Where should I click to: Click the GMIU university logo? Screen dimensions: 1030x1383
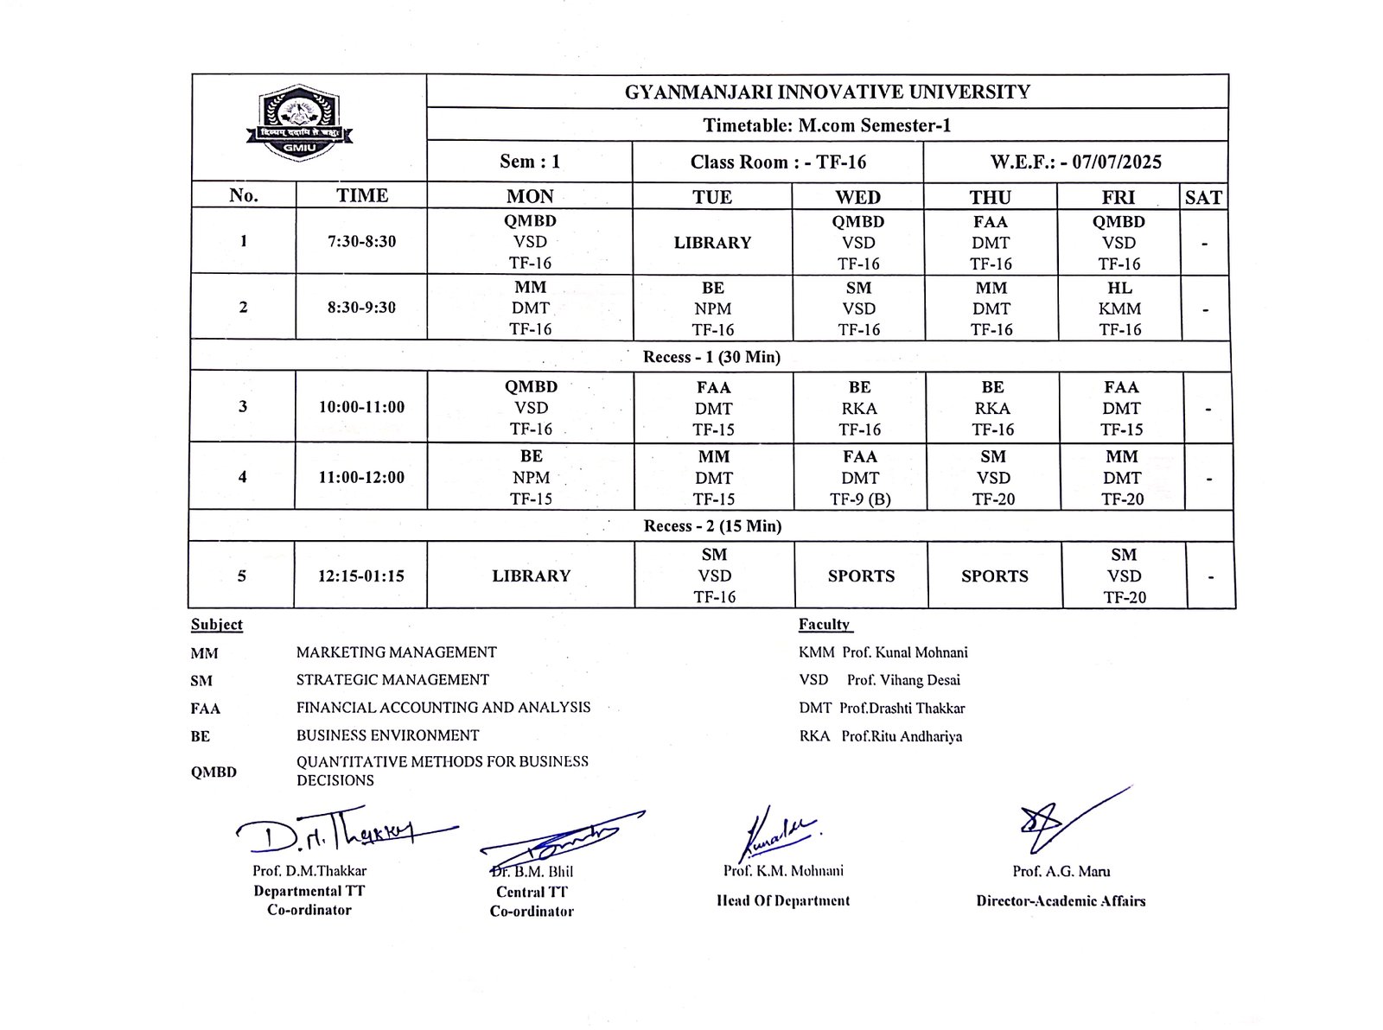(299, 123)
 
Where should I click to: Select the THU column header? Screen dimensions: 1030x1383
(990, 197)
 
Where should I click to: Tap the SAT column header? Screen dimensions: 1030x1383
(1203, 198)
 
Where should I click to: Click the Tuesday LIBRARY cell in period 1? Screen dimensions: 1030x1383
(712, 243)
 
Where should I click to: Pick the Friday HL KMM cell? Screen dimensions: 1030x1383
(1119, 308)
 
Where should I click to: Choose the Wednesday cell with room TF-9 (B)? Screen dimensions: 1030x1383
(860, 478)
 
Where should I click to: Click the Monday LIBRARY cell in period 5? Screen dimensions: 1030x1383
(531, 575)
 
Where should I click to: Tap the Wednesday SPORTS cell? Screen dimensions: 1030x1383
(861, 575)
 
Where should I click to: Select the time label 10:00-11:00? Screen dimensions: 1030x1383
(361, 407)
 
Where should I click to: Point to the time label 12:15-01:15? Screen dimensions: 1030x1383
(360, 575)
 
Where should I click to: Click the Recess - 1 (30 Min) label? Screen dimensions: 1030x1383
(711, 357)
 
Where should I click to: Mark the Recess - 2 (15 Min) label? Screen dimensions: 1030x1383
(712, 525)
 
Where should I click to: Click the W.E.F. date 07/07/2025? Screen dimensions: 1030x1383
(1116, 162)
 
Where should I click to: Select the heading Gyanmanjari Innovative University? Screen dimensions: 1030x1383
(827, 92)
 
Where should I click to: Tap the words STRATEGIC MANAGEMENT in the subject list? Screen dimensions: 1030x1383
(392, 680)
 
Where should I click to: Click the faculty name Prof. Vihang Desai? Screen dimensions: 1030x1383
(903, 680)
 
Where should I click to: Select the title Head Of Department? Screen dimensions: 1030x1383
(783, 900)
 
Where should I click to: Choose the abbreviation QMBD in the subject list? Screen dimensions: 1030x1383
(214, 772)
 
